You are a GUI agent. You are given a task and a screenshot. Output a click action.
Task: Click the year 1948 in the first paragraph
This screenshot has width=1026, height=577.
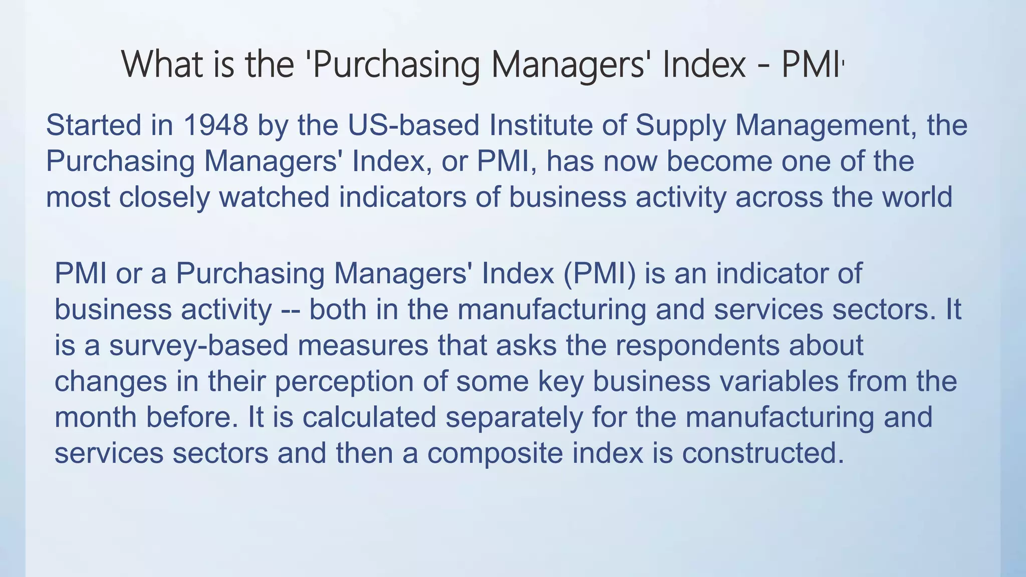(x=215, y=125)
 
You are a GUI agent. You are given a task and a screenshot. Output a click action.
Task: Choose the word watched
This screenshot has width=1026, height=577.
(x=274, y=197)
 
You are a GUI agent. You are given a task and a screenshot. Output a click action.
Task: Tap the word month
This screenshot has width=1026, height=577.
(x=96, y=417)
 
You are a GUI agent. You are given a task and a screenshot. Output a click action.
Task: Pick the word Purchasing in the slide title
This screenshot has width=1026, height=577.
(x=396, y=65)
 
